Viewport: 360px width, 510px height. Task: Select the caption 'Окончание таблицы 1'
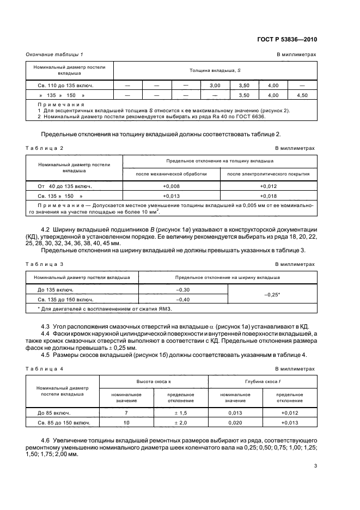(54, 54)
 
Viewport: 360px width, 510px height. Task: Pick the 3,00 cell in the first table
(215, 86)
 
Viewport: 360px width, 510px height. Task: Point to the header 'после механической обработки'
(172, 174)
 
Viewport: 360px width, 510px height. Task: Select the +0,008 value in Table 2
(172, 186)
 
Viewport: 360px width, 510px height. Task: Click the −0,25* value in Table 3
(272, 294)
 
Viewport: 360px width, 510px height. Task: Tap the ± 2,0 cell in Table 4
(178, 423)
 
